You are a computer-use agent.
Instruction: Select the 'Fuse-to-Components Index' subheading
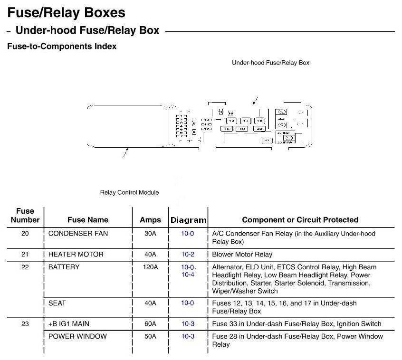coord(62,47)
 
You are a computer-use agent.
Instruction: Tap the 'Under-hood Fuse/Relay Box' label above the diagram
coord(270,63)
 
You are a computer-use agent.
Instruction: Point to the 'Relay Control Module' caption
coord(129,192)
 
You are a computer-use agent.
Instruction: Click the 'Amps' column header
coord(150,220)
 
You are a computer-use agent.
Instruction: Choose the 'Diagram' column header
coord(188,220)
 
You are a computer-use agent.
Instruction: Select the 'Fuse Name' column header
coord(88,220)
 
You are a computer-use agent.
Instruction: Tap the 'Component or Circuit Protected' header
coord(300,220)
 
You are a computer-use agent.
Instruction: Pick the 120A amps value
coord(150,267)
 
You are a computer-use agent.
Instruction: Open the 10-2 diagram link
coord(188,255)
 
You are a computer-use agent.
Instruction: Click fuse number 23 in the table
coord(25,324)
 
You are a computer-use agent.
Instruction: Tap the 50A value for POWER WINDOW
coord(150,336)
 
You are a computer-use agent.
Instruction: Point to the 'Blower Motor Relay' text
coord(242,255)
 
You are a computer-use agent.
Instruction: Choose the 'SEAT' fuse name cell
coord(57,303)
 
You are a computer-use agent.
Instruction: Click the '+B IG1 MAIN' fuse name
coord(68,324)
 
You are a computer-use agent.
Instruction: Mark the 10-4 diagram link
coord(188,275)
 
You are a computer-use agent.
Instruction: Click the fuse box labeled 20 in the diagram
coord(259,129)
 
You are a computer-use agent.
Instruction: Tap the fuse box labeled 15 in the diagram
coord(227,129)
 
